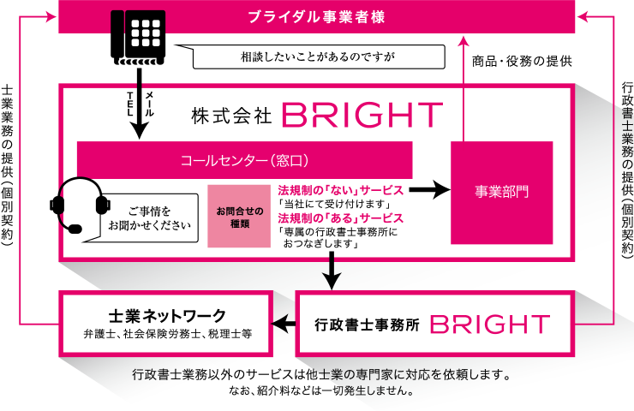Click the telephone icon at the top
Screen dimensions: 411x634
tap(139, 35)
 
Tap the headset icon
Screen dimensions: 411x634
tap(81, 205)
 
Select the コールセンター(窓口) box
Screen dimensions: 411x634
tap(244, 160)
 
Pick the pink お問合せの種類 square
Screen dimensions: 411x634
tap(239, 217)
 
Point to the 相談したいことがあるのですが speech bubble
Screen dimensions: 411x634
tap(320, 58)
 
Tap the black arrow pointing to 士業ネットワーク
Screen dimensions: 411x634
tap(283, 324)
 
